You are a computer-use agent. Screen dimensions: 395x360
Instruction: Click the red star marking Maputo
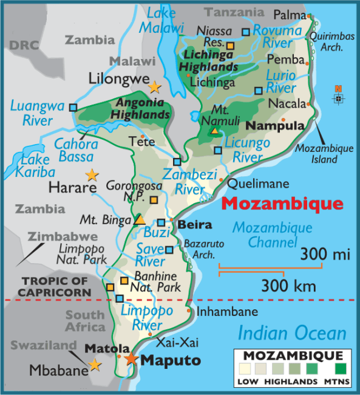coord(131,359)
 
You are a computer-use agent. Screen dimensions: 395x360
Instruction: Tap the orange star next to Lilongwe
coord(155,87)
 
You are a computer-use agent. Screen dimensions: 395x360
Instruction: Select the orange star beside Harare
coord(92,175)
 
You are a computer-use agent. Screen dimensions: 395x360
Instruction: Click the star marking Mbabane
coord(95,365)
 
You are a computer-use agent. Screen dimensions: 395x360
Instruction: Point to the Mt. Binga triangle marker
coord(140,219)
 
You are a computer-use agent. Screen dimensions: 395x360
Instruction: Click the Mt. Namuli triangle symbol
coord(214,130)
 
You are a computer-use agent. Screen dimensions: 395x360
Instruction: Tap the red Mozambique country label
coord(281,203)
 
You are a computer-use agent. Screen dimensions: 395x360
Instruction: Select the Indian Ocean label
coord(292,332)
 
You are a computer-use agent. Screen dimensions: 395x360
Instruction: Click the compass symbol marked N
coord(338,97)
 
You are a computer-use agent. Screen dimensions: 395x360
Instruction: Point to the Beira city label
coord(195,225)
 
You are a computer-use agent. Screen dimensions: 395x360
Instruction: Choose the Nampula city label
coord(274,126)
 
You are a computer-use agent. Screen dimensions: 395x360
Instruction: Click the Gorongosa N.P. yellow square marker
coord(154,199)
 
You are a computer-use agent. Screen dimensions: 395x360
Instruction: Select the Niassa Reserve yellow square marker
coord(230,44)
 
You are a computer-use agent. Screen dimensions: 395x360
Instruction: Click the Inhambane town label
coord(228,312)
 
